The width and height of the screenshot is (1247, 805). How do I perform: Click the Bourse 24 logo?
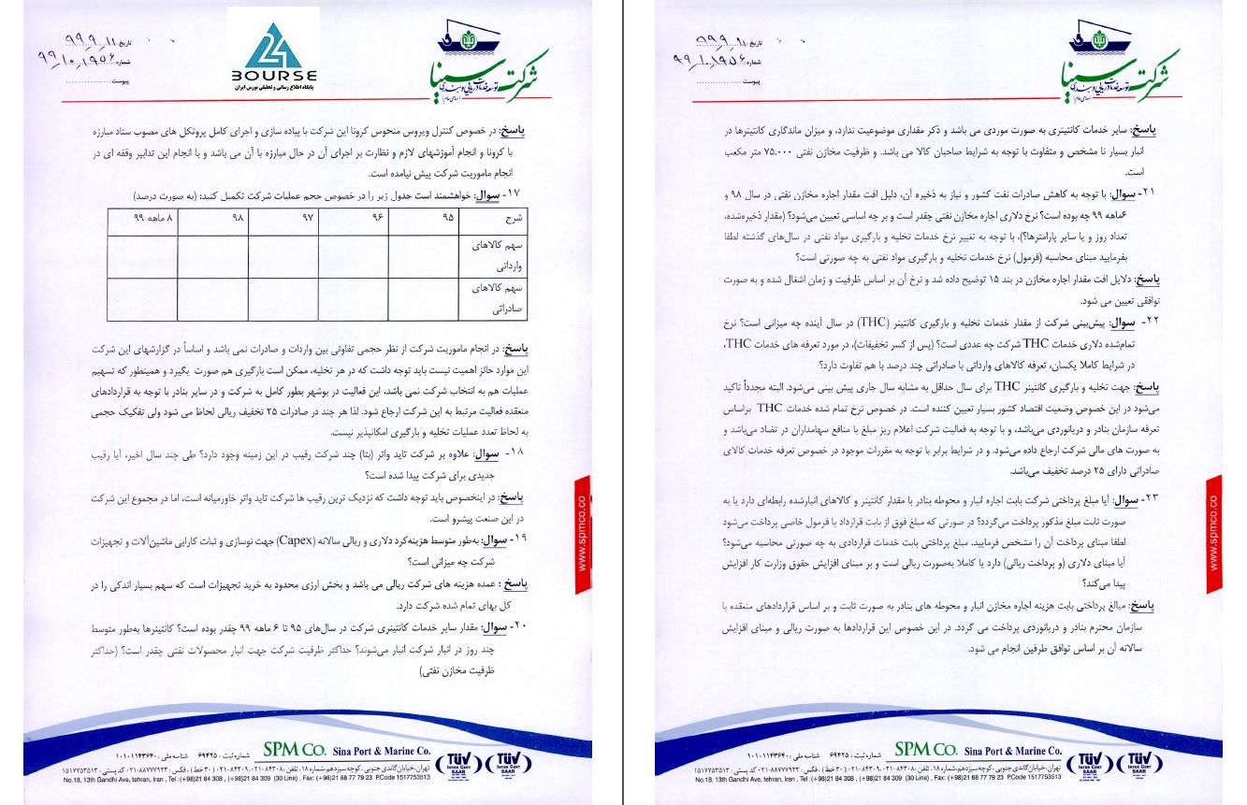(274, 57)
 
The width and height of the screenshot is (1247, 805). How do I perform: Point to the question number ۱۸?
(557, 453)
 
